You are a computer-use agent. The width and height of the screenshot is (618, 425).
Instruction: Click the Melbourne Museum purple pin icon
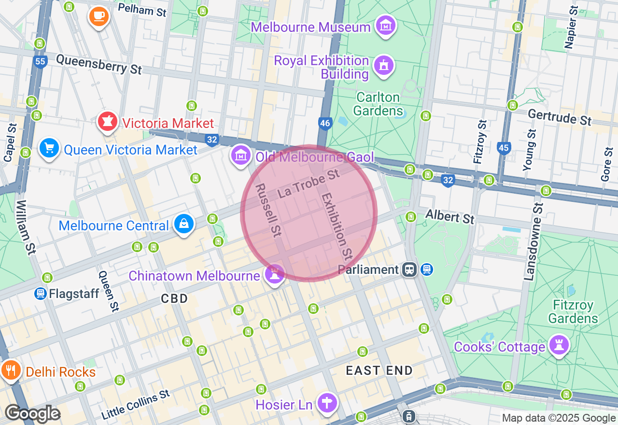point(386,26)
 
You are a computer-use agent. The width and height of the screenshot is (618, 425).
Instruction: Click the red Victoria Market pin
point(107,122)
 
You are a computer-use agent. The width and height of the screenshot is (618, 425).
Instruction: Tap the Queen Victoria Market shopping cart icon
point(49,148)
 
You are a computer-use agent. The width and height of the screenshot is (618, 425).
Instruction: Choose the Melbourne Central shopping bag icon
point(184,224)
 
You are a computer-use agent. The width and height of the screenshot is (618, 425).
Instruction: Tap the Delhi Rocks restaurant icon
point(10,370)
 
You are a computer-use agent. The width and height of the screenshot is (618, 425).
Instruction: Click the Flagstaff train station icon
point(41,293)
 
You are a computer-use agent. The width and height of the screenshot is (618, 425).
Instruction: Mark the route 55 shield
point(41,61)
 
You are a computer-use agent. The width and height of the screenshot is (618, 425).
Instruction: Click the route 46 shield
point(325,124)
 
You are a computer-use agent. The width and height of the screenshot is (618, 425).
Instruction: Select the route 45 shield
point(504,148)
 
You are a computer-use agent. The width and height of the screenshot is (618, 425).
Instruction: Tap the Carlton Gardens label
point(378,104)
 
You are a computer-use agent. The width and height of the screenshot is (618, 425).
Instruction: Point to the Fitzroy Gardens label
point(573,312)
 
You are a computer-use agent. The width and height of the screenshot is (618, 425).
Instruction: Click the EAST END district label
point(379,370)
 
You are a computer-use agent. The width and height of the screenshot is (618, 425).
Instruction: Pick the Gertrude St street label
point(559,117)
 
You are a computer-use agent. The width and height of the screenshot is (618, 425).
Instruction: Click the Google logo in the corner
point(32,413)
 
